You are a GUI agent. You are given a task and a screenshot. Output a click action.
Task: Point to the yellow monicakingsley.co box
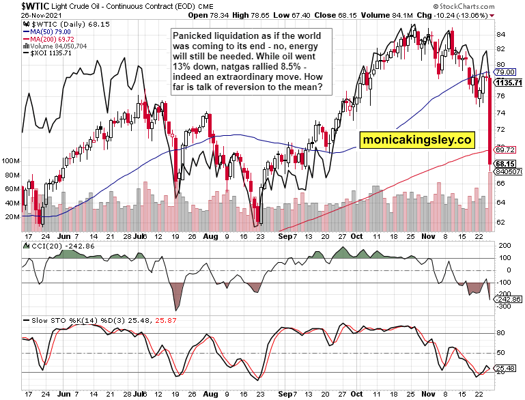[418, 140]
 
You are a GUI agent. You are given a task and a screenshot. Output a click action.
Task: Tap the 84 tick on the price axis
[500, 34]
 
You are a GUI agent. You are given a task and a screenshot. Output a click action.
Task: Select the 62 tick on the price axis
[500, 222]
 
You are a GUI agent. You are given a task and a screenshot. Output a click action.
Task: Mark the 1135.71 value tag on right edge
[508, 83]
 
